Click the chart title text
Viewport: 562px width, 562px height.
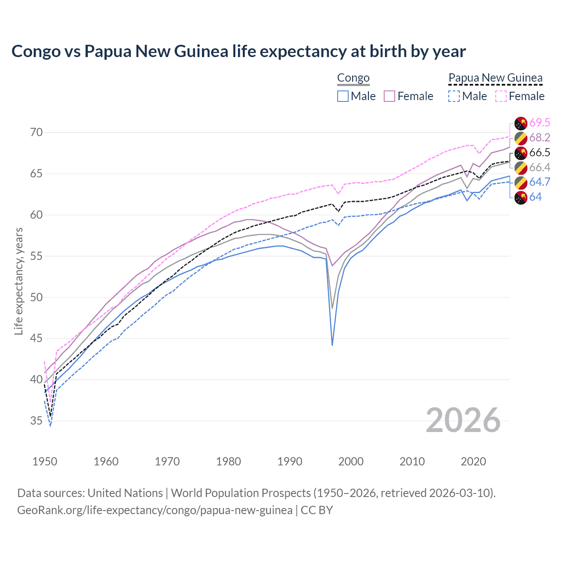(x=238, y=51)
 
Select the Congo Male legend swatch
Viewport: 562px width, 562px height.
(x=343, y=96)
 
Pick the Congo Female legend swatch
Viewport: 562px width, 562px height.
(x=389, y=96)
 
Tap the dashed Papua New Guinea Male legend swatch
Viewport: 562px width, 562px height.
(x=454, y=96)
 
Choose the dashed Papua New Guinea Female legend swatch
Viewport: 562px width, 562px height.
(x=501, y=96)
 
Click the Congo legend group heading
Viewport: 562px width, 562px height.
(x=353, y=78)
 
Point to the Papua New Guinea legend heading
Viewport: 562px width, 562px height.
(x=495, y=78)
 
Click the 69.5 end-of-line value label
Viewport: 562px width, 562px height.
(x=540, y=123)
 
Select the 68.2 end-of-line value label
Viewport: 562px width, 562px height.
(x=540, y=138)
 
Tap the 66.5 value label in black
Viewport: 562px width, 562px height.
(x=540, y=153)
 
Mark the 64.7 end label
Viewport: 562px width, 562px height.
(x=540, y=182)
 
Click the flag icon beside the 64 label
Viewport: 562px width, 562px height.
(x=521, y=198)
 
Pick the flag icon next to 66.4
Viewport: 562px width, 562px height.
(x=521, y=168)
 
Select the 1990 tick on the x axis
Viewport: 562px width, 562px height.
(x=290, y=461)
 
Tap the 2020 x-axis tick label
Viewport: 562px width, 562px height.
(x=473, y=461)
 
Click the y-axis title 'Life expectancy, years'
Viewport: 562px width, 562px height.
(x=18, y=281)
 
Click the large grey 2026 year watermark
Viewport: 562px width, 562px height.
(x=463, y=420)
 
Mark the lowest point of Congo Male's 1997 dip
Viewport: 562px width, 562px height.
(x=332, y=345)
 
